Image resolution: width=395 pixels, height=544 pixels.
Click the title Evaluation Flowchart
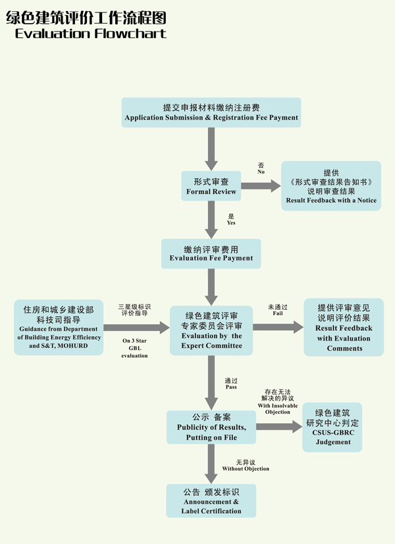90,33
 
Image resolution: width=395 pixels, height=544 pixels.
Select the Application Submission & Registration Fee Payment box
211,112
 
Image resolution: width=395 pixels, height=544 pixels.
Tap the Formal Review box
211,186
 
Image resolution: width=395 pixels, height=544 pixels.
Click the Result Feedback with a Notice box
331,186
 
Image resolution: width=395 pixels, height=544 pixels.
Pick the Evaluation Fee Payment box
211,253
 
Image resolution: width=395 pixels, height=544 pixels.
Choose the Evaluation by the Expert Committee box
211,331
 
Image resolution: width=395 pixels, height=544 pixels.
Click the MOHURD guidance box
59,327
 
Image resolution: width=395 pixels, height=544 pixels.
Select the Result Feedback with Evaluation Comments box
344,327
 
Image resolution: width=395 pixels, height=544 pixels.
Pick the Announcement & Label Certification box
211,501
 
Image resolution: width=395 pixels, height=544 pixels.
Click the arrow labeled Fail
277,327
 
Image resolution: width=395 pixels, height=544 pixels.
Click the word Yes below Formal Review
231,223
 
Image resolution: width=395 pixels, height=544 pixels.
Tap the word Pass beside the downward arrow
231,387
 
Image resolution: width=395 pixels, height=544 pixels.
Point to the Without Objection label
246,468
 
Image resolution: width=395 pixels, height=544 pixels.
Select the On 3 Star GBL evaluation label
135,348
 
